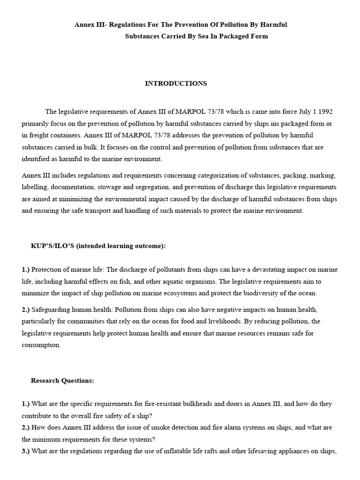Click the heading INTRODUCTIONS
pyautogui.click(x=176, y=83)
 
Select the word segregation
pyautogui.click(x=144, y=187)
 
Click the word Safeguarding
pyautogui.click(x=52, y=310)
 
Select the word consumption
pyautogui.click(x=41, y=345)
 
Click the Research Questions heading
pyautogui.click(x=62, y=381)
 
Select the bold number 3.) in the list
pyautogui.click(x=26, y=451)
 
